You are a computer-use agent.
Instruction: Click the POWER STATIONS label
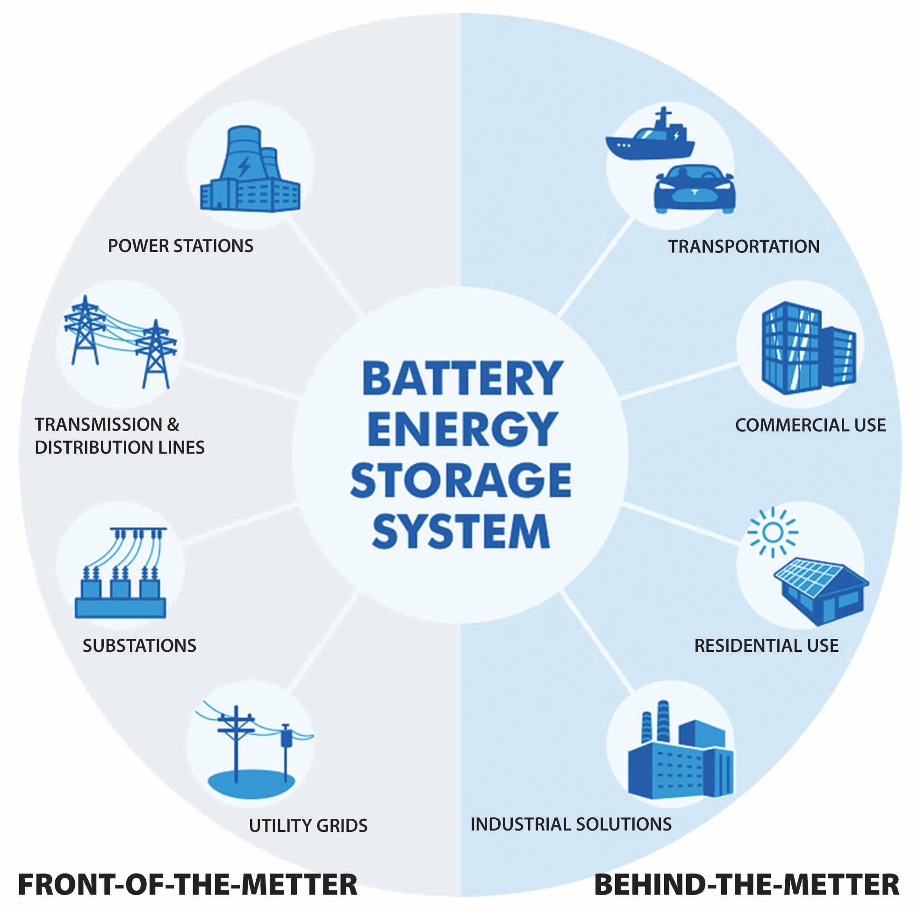(x=180, y=246)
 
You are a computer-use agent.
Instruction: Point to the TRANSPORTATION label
(x=744, y=246)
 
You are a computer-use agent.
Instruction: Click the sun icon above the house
(x=772, y=532)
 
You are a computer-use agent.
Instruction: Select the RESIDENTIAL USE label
(x=767, y=645)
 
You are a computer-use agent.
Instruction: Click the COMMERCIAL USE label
(x=810, y=425)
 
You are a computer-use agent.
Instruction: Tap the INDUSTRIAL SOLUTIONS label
(x=571, y=824)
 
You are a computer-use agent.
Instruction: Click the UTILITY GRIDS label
(x=308, y=825)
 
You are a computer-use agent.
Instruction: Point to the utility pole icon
(x=252, y=746)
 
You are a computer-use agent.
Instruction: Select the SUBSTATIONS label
(x=139, y=645)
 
